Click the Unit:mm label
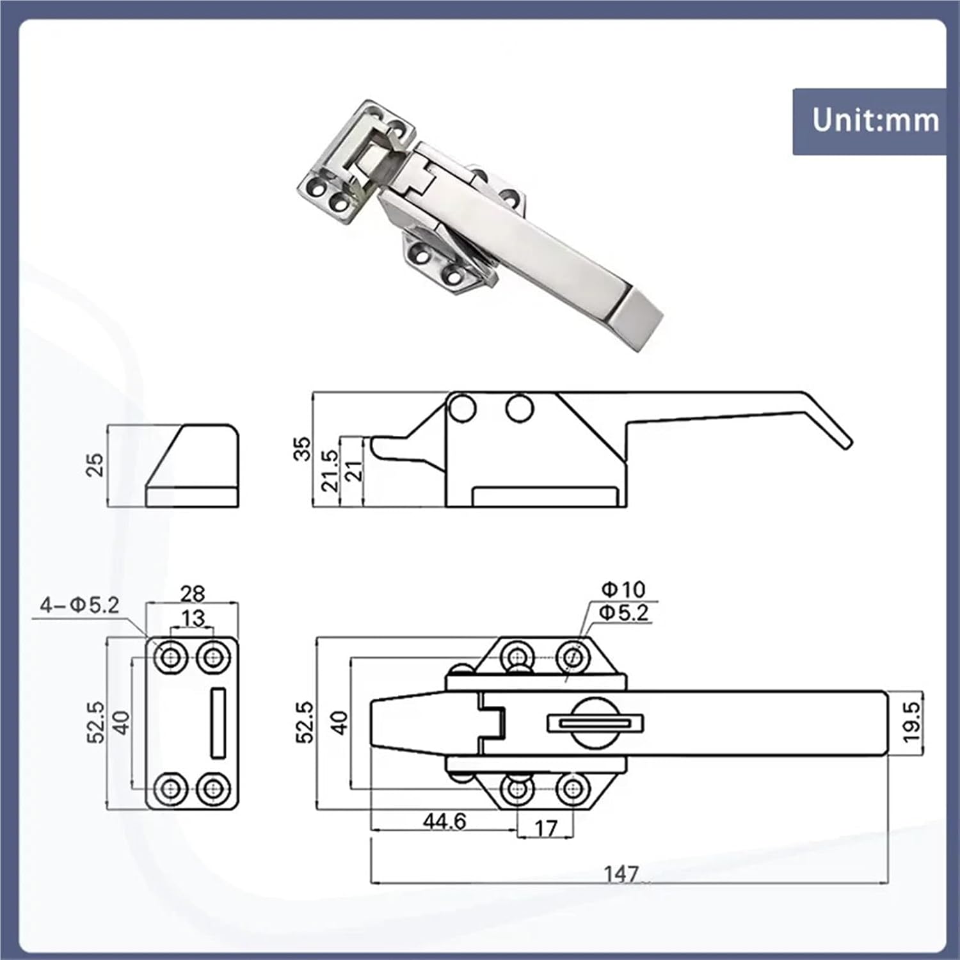point(875,120)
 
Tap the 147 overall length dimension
point(621,874)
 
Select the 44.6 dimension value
point(444,821)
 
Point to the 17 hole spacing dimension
point(545,829)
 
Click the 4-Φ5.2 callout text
point(79,605)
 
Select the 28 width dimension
point(192,594)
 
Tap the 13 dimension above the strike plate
point(193,618)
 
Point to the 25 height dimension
point(94,465)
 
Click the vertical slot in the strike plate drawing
point(218,723)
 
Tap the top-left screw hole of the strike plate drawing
point(171,657)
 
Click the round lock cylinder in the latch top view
point(595,723)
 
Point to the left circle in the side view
point(461,408)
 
